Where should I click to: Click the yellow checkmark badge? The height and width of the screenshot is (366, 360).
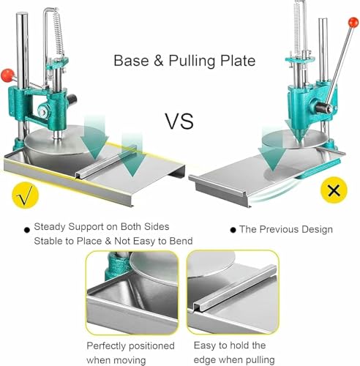click(26, 195)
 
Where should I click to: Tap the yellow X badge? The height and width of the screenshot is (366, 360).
click(334, 190)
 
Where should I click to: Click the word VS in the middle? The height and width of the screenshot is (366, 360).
click(180, 122)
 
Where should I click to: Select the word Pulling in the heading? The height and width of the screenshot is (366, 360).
click(192, 61)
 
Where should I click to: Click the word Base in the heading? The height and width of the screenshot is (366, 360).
click(131, 61)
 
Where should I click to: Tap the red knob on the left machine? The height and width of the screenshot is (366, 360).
click(7, 75)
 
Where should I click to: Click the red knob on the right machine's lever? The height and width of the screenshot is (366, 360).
click(353, 23)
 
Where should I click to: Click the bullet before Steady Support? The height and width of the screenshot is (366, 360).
click(27, 230)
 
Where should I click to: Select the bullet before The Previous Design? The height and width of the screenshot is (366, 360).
click(233, 230)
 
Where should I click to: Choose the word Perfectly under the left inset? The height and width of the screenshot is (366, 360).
click(106, 346)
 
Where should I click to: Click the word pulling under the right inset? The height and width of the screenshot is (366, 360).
click(260, 360)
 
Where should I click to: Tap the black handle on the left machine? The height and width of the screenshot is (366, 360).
click(72, 99)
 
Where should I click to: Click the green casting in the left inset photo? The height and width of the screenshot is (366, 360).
click(116, 266)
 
